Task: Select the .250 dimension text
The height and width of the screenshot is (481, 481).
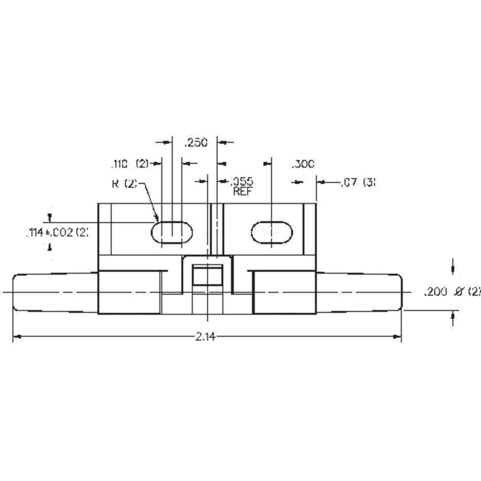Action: coord(196,143)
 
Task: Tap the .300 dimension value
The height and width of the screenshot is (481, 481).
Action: coord(303,164)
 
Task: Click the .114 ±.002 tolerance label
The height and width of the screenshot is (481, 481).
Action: coord(57,233)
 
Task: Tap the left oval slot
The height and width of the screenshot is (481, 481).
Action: coord(172,232)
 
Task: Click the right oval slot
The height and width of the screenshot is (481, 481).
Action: coord(271,232)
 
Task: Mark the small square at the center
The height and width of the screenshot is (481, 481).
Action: coord(207,276)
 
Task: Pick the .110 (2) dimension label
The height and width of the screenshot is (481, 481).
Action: coord(129,164)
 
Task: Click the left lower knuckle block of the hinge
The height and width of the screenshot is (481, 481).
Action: coord(129,292)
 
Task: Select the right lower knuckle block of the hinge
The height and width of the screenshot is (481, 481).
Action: coord(284,292)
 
